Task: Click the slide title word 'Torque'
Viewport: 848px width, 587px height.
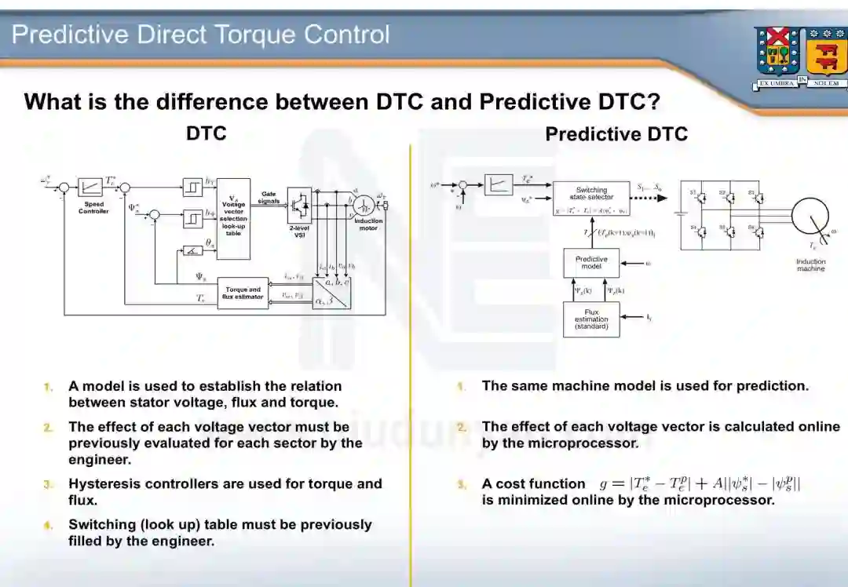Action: pos(255,35)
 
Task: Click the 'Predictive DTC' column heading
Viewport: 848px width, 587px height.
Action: pos(616,134)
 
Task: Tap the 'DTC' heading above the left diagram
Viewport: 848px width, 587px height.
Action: pos(206,133)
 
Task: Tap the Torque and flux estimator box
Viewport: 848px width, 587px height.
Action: pos(243,293)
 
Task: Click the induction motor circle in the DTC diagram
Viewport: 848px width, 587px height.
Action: pos(363,205)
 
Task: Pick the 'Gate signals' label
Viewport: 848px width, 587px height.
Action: pos(269,197)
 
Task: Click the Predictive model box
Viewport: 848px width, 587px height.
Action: pos(590,263)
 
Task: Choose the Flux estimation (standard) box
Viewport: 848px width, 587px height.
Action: pos(590,319)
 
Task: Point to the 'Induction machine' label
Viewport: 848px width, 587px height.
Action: pos(810,265)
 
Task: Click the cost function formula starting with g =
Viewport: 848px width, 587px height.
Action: pos(700,483)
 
